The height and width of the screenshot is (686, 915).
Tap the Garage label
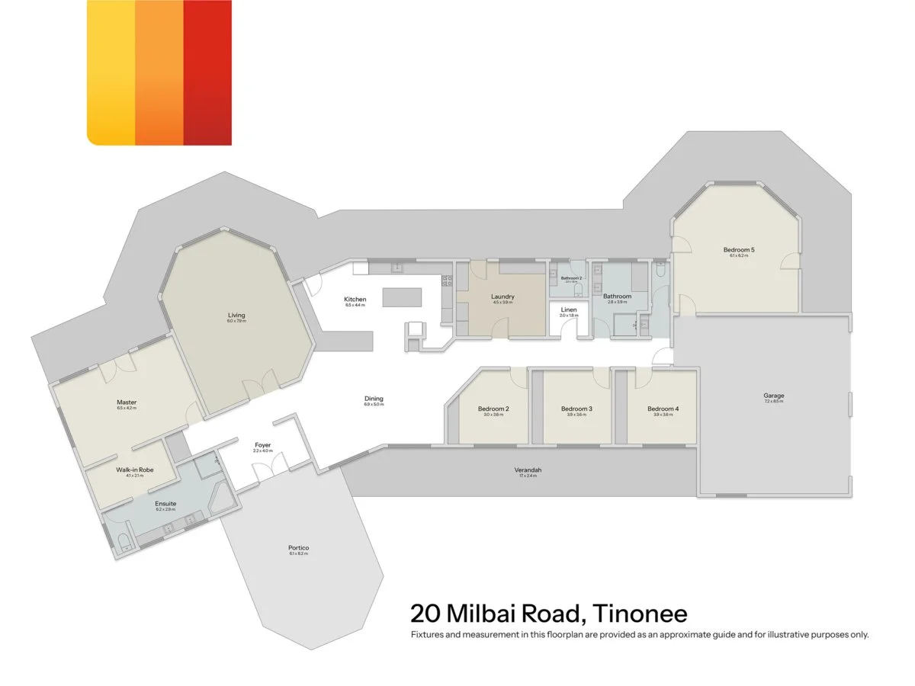click(x=774, y=396)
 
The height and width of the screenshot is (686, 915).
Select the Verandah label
click(x=528, y=470)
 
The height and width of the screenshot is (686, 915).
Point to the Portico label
click(x=299, y=548)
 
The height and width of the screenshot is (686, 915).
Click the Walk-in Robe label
click(x=135, y=470)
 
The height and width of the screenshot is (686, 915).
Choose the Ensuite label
click(x=165, y=504)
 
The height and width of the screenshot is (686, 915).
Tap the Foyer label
click(x=262, y=444)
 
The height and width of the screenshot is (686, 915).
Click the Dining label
click(x=374, y=399)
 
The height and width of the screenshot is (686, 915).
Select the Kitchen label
click(x=355, y=300)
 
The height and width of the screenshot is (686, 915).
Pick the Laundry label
click(x=502, y=297)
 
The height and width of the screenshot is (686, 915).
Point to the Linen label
click(x=569, y=309)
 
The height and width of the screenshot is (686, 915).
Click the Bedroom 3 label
click(x=576, y=409)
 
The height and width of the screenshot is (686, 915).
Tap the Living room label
click(x=236, y=315)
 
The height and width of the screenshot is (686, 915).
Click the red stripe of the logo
click(x=207, y=72)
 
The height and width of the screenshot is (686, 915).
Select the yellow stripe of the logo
click(x=111, y=72)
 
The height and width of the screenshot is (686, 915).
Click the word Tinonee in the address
click(x=640, y=613)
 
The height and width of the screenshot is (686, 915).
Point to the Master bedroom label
click(x=127, y=402)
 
